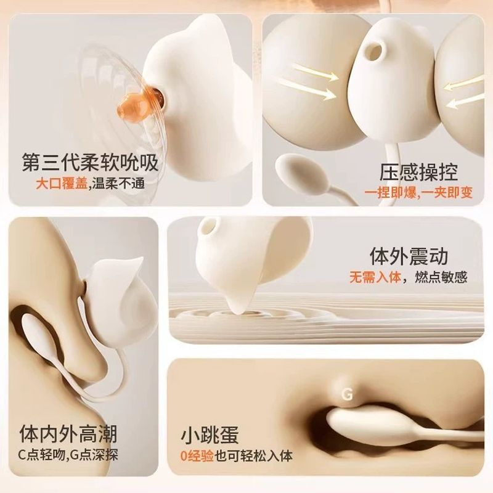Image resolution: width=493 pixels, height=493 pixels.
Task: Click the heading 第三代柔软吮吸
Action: pyautogui.click(x=90, y=162)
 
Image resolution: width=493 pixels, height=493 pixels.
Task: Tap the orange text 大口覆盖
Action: pyautogui.click(x=61, y=184)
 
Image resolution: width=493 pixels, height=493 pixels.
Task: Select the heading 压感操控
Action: pyautogui.click(x=418, y=172)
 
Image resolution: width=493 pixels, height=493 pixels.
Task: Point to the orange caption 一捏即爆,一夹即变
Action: pyautogui.click(x=418, y=193)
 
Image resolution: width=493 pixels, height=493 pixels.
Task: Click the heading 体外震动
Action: pyautogui.click(x=409, y=256)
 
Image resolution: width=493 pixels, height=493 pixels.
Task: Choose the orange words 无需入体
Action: pyautogui.click(x=375, y=277)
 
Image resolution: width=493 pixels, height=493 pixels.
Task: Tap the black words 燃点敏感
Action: pyautogui.click(x=441, y=277)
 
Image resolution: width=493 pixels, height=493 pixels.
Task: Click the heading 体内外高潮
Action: pyautogui.click(x=68, y=434)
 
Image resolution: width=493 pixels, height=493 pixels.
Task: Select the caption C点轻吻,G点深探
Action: pyautogui.click(x=68, y=455)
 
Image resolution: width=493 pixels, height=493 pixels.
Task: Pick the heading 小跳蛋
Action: pyautogui.click(x=210, y=435)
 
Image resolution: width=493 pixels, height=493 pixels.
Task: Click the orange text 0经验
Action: pyautogui.click(x=197, y=456)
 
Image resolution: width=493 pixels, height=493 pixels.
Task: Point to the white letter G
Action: pyautogui.click(x=347, y=394)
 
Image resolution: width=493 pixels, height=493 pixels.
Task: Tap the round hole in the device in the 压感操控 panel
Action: pyautogui.click(x=375, y=51)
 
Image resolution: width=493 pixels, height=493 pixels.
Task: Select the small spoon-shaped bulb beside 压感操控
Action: pyautogui.click(x=302, y=172)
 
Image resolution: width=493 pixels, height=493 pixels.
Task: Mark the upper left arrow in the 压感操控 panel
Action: pyautogui.click(x=315, y=71)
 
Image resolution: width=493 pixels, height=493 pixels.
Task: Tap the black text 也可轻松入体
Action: pyautogui.click(x=253, y=456)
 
